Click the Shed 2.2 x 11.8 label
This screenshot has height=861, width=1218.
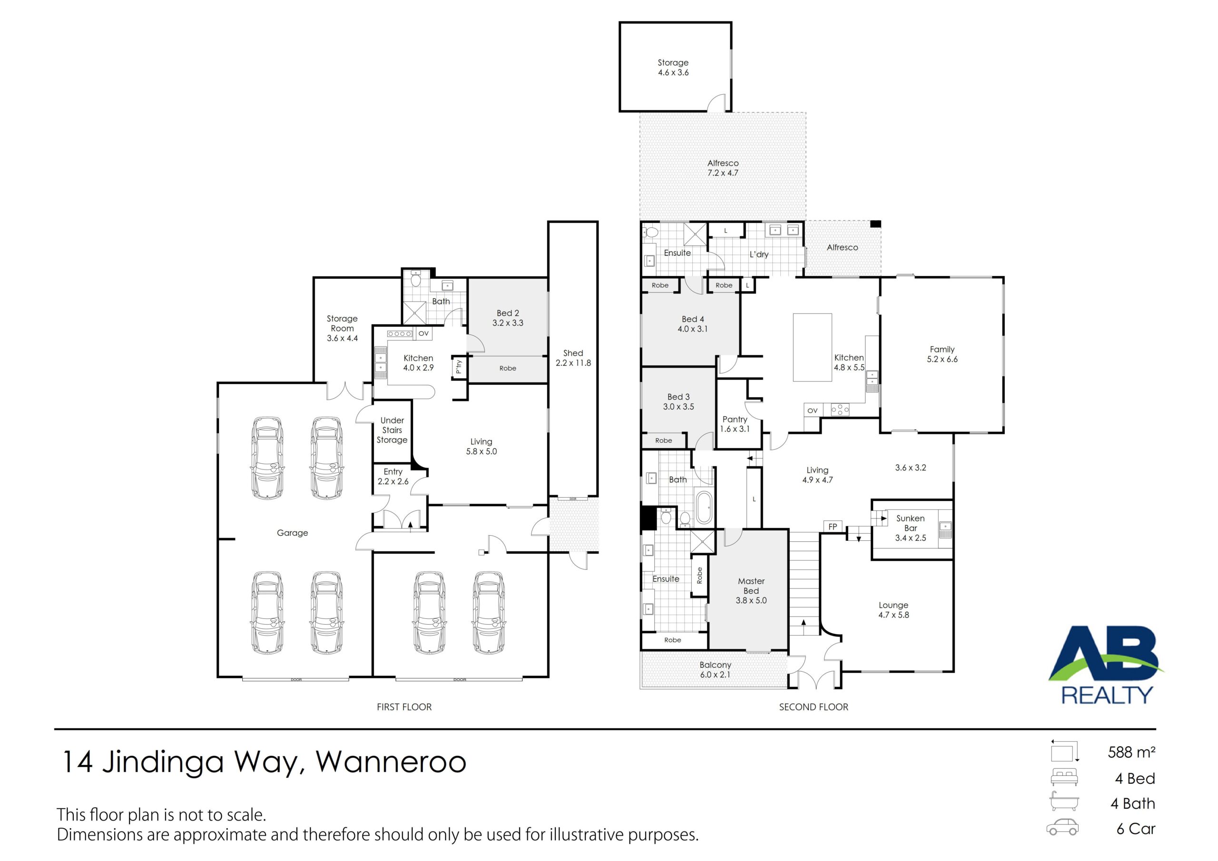[573, 358]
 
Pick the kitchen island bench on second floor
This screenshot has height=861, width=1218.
[812, 347]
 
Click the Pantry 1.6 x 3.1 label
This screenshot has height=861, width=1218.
[735, 424]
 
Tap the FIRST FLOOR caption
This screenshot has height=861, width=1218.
[404, 707]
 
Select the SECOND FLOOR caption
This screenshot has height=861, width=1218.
[813, 707]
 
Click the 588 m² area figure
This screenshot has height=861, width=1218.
[1131, 752]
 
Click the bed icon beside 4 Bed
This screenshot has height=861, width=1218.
[1064, 777]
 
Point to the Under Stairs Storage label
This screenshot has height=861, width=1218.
[392, 430]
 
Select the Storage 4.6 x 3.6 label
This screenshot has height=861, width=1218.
[673, 68]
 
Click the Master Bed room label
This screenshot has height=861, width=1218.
[751, 586]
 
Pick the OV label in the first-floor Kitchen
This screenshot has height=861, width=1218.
[423, 333]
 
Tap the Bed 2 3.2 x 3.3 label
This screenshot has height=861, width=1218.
[508, 318]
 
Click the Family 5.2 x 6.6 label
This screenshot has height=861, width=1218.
[942, 354]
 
